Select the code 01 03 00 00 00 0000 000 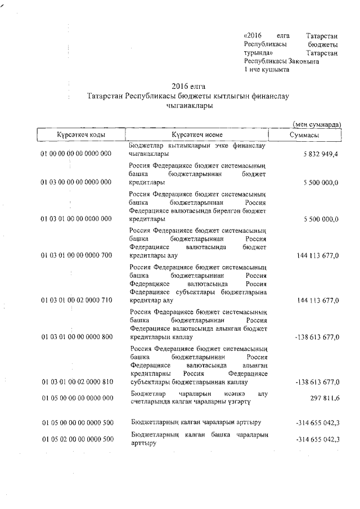coord(76,182)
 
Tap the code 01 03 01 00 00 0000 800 coord(76,337)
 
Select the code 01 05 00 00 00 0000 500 coord(76,422)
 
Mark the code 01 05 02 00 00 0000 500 coord(76,439)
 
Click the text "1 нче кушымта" coord(267,69)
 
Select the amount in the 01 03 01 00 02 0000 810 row coord(317,382)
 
